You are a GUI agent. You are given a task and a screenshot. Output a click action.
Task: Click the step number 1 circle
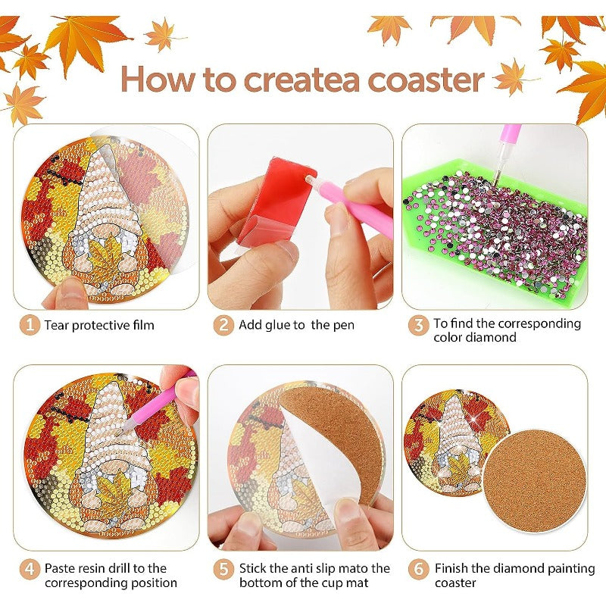tap(30, 325)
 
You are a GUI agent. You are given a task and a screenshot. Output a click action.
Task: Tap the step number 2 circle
tap(223, 325)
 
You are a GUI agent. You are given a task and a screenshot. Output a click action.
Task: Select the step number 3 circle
tap(418, 325)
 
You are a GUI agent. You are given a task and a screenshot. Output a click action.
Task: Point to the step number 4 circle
tap(30, 569)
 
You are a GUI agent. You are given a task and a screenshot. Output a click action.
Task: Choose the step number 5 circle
tap(223, 569)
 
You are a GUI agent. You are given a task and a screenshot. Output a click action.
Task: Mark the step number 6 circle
tap(419, 569)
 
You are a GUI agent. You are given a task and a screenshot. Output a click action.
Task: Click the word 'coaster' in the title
tap(426, 80)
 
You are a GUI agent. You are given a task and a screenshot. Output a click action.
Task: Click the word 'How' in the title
tap(158, 79)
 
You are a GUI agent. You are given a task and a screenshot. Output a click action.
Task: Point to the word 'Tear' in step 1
tap(56, 325)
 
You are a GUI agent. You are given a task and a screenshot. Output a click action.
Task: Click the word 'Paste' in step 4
tap(60, 568)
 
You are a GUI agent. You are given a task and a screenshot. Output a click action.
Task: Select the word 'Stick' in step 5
tap(252, 568)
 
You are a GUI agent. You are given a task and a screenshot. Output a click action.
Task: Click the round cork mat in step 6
tap(535, 480)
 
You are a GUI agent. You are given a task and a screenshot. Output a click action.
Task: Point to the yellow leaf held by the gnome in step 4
tap(115, 494)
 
